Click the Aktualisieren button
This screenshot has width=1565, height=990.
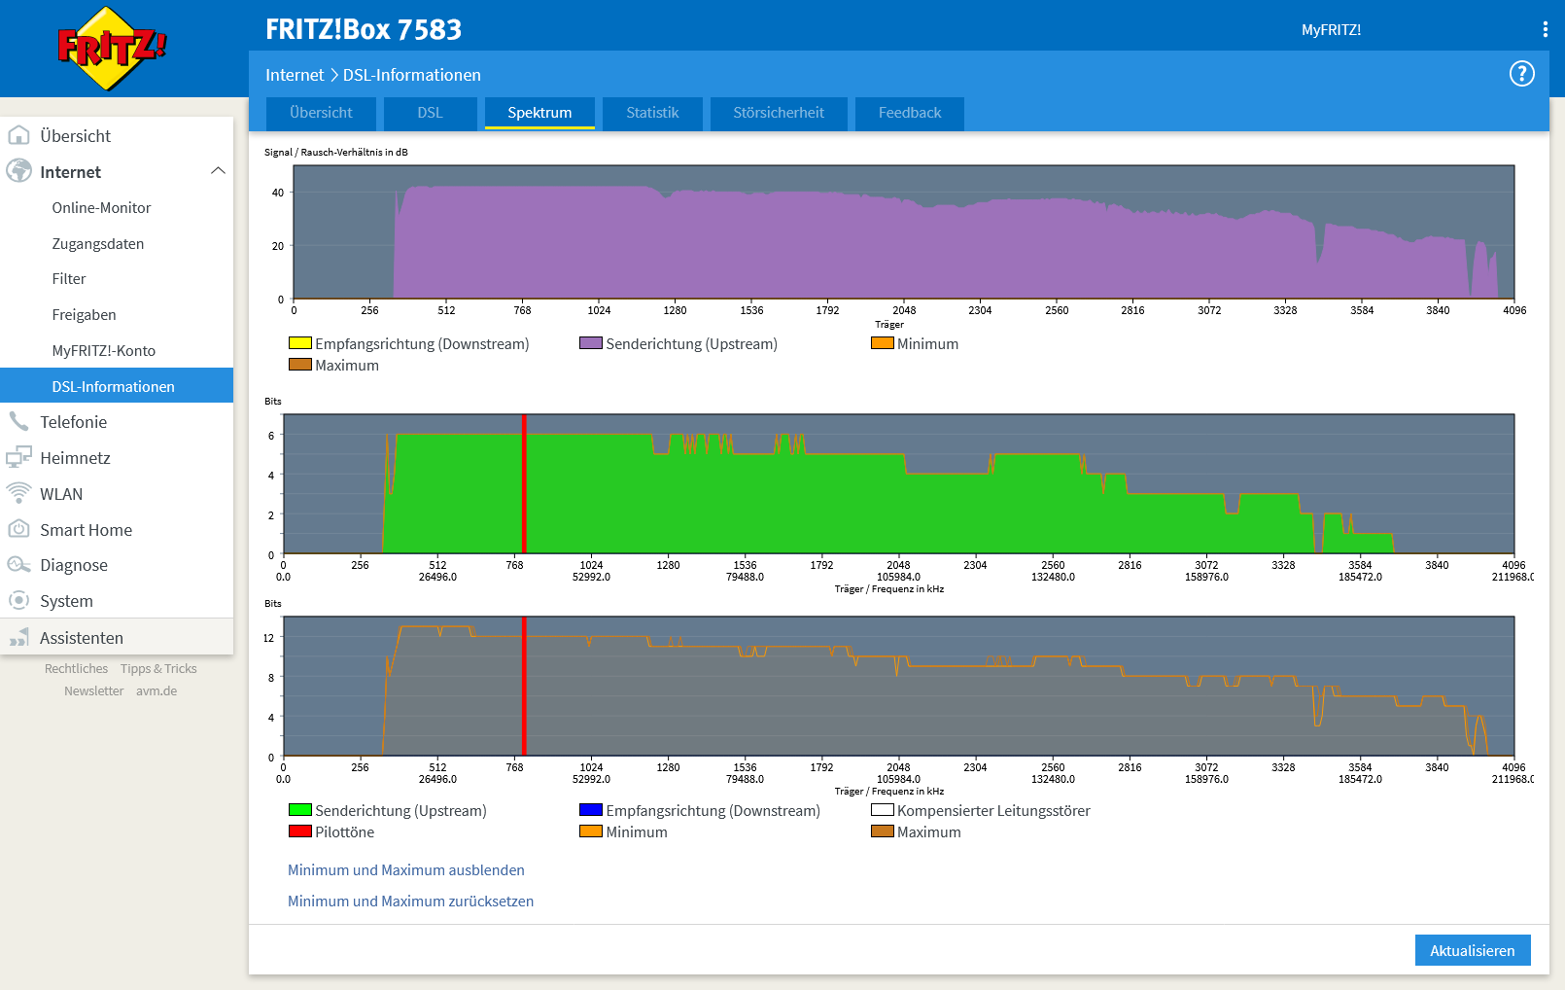point(1472,950)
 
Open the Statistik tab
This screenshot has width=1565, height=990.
point(652,113)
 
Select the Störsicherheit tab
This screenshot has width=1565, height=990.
point(778,113)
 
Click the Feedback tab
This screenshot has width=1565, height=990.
point(909,113)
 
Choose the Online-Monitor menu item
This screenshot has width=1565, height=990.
point(101,208)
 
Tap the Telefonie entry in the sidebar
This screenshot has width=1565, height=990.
point(73,422)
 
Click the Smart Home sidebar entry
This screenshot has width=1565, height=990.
point(86,530)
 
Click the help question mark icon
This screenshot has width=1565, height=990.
point(1521,74)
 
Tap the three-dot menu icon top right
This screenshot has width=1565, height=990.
point(1545,29)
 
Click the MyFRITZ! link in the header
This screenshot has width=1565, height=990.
point(1331,30)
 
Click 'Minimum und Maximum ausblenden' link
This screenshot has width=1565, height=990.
point(405,870)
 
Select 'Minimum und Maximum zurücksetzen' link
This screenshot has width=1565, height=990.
point(410,902)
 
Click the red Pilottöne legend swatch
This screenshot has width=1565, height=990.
point(299,831)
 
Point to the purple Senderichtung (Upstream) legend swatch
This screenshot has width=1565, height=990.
point(590,343)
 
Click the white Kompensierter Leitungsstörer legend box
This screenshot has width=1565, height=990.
point(882,810)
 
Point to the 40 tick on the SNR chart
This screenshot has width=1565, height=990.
point(278,193)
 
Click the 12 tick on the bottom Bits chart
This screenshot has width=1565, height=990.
point(269,638)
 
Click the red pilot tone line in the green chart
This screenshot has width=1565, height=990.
point(524,486)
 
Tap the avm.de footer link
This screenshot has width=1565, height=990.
point(156,691)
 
